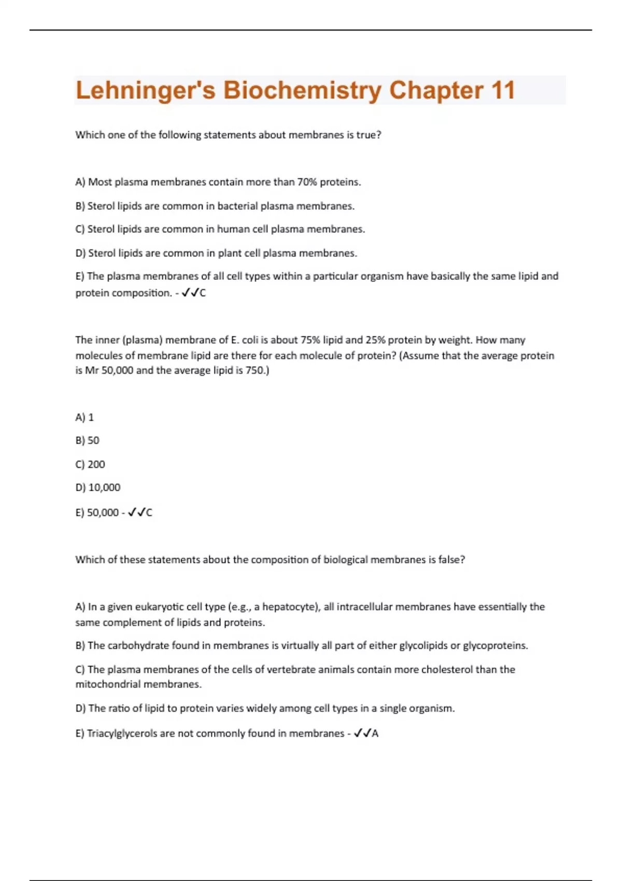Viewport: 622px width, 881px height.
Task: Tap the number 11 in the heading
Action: [x=502, y=91]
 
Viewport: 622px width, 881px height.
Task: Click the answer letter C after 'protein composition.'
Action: [x=203, y=293]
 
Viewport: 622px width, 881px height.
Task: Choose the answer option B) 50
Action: [x=87, y=440]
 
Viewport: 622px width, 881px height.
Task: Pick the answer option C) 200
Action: [x=90, y=464]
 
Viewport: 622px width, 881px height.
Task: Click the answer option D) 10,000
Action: [x=98, y=488]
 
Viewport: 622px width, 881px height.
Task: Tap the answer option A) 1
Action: [x=84, y=417]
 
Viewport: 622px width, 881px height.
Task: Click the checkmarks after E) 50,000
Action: [x=136, y=513]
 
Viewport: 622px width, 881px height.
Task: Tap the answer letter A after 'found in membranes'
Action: [x=375, y=733]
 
